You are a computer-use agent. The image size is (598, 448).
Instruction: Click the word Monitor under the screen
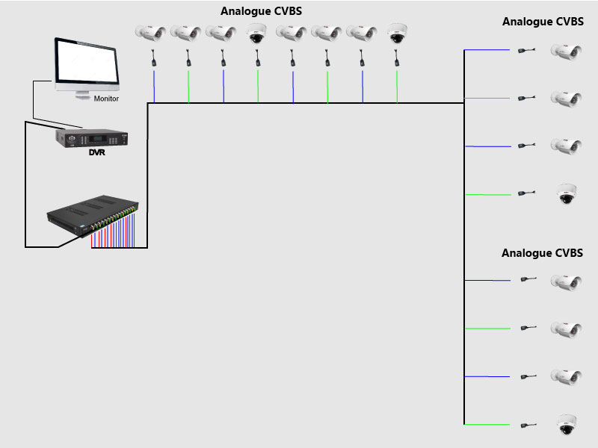[106, 99]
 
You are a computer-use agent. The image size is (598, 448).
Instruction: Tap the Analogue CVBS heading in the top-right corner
[543, 22]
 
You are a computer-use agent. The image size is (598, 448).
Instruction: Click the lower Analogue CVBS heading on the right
[542, 254]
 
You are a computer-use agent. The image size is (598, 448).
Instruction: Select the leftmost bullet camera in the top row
[149, 33]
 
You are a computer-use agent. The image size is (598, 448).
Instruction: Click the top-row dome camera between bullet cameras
[257, 33]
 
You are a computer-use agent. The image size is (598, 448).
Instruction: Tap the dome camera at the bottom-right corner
[567, 425]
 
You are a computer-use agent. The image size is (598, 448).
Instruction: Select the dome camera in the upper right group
[567, 194]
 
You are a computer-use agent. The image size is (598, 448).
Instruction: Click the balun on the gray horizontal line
[526, 98]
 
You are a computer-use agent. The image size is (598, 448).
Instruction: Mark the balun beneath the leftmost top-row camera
[154, 58]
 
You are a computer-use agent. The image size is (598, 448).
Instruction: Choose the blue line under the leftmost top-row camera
[154, 86]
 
